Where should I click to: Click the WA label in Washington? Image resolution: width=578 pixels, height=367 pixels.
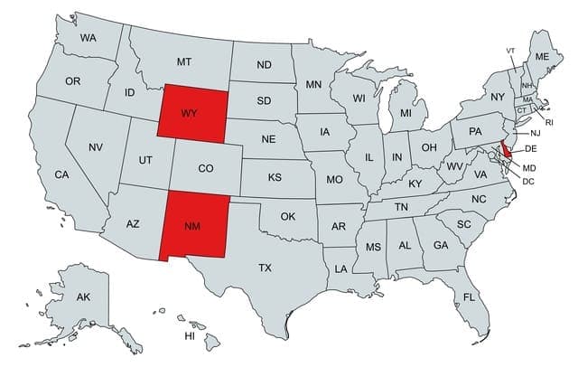point(88,38)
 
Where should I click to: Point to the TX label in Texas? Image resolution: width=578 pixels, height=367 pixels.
point(265,268)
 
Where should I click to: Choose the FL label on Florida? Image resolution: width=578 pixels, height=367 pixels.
point(469,296)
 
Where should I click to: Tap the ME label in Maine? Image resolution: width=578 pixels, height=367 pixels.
point(542,56)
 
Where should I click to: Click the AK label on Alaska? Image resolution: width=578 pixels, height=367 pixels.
point(83,296)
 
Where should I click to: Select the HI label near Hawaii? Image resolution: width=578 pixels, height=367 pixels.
point(190,335)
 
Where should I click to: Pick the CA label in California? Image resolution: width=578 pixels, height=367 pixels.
point(61,174)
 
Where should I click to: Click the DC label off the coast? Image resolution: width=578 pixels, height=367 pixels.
point(528,181)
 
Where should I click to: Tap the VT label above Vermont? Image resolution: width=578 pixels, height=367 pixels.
point(510,50)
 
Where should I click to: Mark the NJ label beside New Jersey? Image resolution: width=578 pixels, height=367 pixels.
point(535,133)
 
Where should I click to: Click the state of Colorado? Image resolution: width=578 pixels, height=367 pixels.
point(206,167)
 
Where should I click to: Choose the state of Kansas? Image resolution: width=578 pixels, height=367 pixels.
point(275,177)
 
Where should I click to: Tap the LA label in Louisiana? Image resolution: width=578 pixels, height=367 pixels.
point(341,268)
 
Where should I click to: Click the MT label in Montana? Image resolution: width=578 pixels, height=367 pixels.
point(184,61)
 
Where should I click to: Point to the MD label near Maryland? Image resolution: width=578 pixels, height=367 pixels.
point(529,168)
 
